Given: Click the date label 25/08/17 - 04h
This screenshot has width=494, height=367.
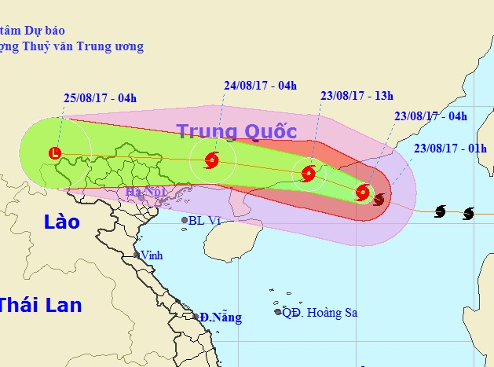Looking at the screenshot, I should click(101, 98).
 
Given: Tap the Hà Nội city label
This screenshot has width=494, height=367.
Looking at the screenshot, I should click(143, 193).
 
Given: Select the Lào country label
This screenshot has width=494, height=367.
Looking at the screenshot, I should click(61, 222).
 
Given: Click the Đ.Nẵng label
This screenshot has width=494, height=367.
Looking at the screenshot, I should click(220, 317).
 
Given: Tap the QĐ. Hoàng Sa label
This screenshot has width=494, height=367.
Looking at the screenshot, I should click(320, 313).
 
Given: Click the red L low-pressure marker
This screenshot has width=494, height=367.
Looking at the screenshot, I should click(54, 153).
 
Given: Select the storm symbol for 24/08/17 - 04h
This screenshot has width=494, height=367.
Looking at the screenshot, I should click(211, 162).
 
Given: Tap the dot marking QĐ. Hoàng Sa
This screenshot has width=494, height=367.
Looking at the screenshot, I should click(278, 312).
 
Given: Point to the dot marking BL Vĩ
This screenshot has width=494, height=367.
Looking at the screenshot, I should click(185, 221).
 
